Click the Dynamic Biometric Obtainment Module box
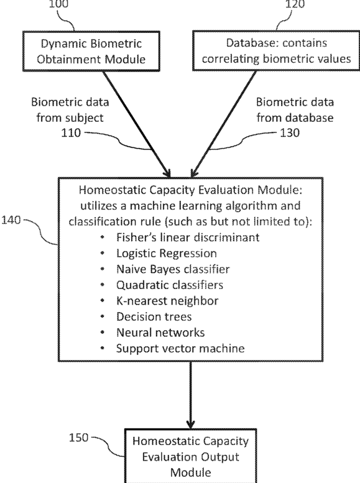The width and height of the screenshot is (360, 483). pyautogui.click(x=91, y=51)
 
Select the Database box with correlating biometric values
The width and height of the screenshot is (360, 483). pyautogui.click(x=276, y=51)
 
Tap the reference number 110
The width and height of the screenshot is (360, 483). pyautogui.click(x=71, y=133)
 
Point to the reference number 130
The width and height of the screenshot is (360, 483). pyautogui.click(x=290, y=133)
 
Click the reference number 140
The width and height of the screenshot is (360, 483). pyautogui.click(x=11, y=220)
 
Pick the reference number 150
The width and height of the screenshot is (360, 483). pyautogui.click(x=78, y=438)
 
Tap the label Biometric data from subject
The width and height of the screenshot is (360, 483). pyautogui.click(x=70, y=109)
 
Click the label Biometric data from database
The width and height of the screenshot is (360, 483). pyautogui.click(x=295, y=109)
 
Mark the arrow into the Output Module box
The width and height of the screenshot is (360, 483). pyautogui.click(x=190, y=395)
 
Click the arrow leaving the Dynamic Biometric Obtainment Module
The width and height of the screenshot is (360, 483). pyautogui.click(x=137, y=124)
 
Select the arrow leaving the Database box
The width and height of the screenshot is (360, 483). pyautogui.click(x=223, y=124)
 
